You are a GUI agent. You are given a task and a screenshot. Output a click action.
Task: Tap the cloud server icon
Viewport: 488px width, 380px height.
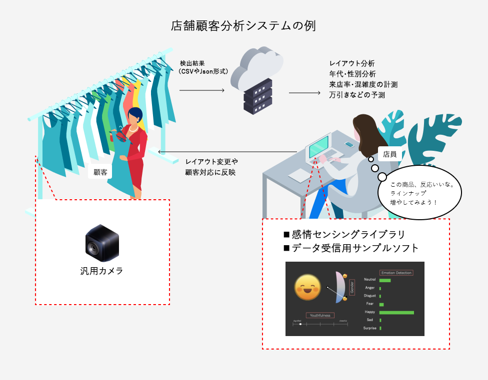[257, 80]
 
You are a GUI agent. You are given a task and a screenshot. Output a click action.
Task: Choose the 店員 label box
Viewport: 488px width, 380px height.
[389, 154]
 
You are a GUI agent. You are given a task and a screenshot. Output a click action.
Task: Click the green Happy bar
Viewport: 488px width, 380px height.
[396, 313]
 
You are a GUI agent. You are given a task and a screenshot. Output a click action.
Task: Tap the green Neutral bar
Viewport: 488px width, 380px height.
[384, 280]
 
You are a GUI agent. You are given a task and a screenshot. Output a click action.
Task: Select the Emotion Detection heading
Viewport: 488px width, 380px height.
[396, 273]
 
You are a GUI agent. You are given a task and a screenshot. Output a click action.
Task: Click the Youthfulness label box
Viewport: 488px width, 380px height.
[320, 316]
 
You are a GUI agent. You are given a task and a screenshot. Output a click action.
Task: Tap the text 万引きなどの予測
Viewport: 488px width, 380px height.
[356, 94]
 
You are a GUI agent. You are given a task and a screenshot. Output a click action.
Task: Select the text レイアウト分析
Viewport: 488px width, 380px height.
[352, 63]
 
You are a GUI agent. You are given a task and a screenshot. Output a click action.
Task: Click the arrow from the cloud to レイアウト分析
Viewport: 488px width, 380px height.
[304, 93]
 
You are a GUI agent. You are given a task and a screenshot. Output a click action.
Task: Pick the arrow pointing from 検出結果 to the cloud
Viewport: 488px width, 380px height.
[202, 90]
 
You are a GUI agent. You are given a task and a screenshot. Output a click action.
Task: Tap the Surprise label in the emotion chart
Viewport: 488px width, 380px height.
[370, 328]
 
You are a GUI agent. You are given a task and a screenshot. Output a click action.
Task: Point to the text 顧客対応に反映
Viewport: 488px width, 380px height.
[210, 172]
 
